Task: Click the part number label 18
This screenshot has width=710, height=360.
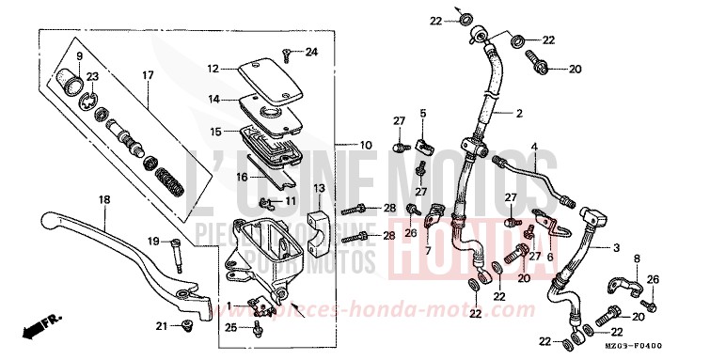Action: click(x=103, y=199)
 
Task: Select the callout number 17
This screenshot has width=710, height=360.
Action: click(x=148, y=75)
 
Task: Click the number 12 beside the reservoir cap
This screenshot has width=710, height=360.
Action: click(x=213, y=68)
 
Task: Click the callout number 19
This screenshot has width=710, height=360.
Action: click(x=151, y=242)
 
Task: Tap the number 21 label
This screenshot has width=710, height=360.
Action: click(x=162, y=325)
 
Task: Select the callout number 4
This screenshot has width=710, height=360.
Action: click(x=534, y=147)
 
